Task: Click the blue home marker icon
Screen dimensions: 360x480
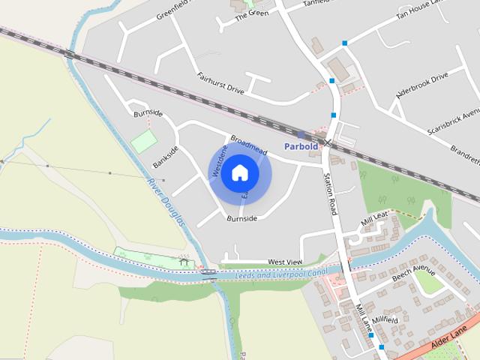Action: click(x=240, y=172)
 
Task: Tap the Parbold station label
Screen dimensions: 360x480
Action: click(x=301, y=145)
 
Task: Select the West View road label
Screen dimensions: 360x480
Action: click(x=285, y=261)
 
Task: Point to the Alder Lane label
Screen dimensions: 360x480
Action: click(x=449, y=337)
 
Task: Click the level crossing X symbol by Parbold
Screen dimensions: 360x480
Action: click(x=327, y=142)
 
